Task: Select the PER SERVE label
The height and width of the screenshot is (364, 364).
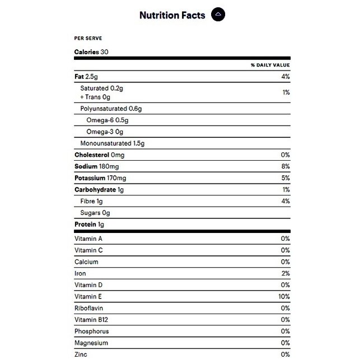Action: point(88,39)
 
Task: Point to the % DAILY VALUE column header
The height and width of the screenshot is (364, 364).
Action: point(270,66)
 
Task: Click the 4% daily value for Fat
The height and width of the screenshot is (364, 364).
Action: point(285,76)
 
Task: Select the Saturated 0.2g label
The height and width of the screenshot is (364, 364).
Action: point(101,88)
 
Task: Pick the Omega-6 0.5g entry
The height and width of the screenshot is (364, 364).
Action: point(108,120)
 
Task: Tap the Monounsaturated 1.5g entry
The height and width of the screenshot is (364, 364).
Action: point(113,143)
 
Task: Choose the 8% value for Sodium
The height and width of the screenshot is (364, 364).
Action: point(285,166)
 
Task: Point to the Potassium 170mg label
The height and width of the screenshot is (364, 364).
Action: point(100,178)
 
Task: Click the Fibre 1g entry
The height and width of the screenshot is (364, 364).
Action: point(92,201)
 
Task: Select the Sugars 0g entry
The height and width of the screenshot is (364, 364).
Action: point(95,213)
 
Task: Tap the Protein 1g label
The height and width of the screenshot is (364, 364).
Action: point(90,225)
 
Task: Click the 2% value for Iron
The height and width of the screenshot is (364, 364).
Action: point(285,273)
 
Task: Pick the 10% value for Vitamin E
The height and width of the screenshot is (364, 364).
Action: point(283,296)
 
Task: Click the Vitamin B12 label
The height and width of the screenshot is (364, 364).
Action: point(90,320)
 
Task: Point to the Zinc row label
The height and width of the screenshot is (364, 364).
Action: point(81,354)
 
